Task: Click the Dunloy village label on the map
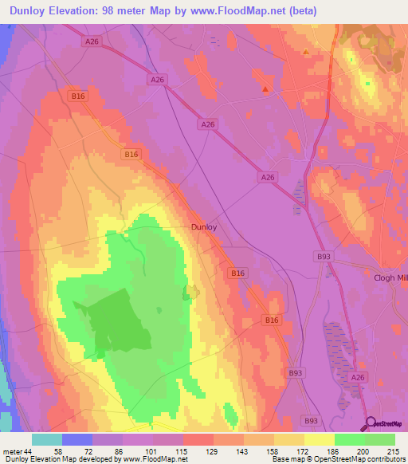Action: pos(204,226)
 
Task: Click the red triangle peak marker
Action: pos(265,89)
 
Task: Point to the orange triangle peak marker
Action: pos(306,52)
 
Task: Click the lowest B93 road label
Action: pos(310,419)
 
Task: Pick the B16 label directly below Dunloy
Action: pos(237,273)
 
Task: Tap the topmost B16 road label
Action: pos(77,96)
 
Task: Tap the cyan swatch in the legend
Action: pos(47,439)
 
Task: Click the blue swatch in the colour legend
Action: pos(77,439)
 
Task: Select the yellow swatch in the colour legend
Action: pos(320,439)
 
